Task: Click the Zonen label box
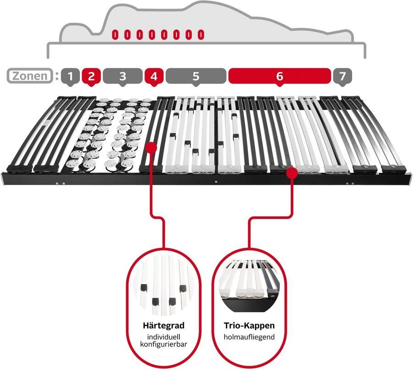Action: click(x=30, y=76)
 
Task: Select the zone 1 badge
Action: click(x=70, y=76)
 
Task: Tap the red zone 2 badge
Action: click(x=91, y=76)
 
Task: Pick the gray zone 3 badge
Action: click(x=123, y=76)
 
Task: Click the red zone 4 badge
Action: click(x=154, y=76)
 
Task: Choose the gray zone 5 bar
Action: click(x=195, y=76)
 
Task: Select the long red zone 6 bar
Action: click(x=279, y=76)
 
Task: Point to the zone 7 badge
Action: click(x=342, y=76)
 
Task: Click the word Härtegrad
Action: click(x=163, y=325)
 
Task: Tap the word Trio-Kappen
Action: click(x=249, y=325)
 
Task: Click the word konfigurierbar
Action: click(x=163, y=344)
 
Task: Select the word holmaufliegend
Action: click(x=249, y=337)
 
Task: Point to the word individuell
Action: click(x=163, y=337)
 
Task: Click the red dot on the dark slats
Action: click(x=151, y=147)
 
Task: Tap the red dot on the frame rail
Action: click(x=292, y=173)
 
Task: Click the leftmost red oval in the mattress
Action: click(x=115, y=35)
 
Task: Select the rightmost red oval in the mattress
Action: click(x=201, y=35)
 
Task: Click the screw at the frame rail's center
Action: click(x=216, y=182)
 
